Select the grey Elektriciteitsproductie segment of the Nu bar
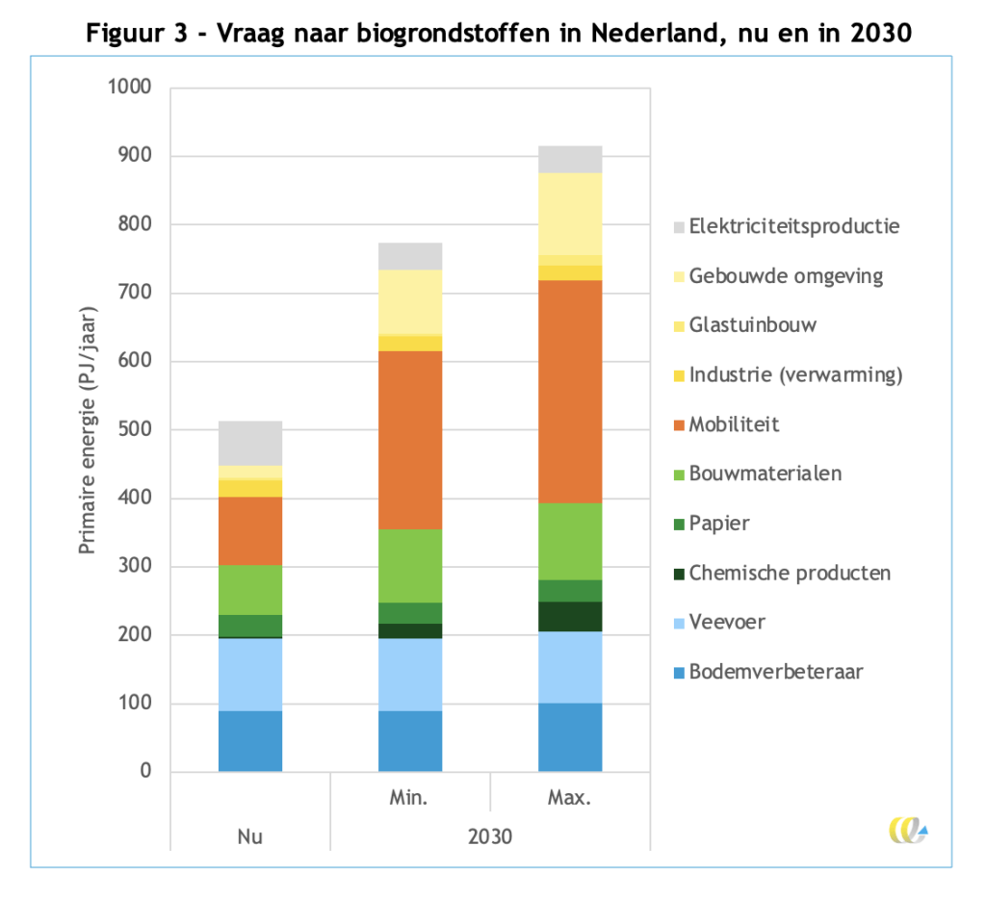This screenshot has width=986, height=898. pyautogui.click(x=250, y=444)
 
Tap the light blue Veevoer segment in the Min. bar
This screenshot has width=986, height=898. pyautogui.click(x=410, y=675)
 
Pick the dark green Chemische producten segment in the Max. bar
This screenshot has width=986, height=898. pyautogui.click(x=570, y=616)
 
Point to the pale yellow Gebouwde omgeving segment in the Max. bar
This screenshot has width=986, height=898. pyautogui.click(x=570, y=214)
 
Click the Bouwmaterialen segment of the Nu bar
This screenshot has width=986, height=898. pyautogui.click(x=250, y=590)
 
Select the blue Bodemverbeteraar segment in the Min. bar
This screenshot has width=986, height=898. pyautogui.click(x=410, y=741)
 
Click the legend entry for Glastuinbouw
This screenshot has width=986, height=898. pyautogui.click(x=753, y=325)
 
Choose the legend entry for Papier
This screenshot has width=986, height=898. pyautogui.click(x=718, y=524)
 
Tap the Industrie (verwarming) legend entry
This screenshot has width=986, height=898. pyautogui.click(x=795, y=375)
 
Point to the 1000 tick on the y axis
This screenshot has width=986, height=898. pyautogui.click(x=131, y=88)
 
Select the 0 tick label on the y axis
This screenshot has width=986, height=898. pyautogui.click(x=145, y=772)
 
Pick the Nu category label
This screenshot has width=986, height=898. pyautogui.click(x=250, y=836)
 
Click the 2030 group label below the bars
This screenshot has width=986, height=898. pyautogui.click(x=490, y=836)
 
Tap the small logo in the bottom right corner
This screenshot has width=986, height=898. pyautogui.click(x=908, y=829)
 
